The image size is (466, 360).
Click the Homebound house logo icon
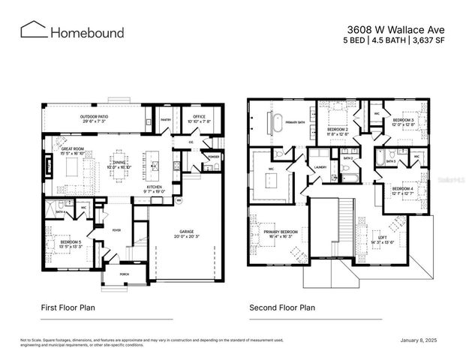(x=33, y=30)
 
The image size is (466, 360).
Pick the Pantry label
(x=167, y=117)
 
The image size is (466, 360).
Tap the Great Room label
(x=77, y=151)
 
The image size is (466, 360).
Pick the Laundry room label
(x=320, y=167)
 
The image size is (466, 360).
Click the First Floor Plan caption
(x=68, y=307)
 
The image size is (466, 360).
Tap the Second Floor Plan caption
(x=282, y=307)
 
